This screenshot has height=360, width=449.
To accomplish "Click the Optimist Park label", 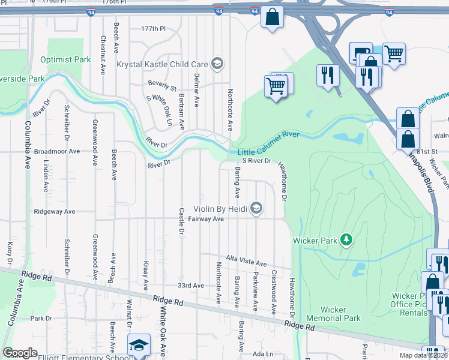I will tap(65, 59).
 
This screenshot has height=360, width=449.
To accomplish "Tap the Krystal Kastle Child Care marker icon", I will tap(217, 64).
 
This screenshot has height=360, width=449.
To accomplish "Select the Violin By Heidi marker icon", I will tap(256, 208).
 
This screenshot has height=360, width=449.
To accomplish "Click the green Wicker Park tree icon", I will tap(346, 240).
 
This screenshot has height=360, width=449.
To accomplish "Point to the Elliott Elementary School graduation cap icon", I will tap(139, 345).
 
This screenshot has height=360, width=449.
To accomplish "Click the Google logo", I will tap(20, 353).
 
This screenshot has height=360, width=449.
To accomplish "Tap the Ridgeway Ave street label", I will tap(55, 212).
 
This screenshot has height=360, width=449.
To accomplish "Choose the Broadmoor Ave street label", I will tap(57, 152).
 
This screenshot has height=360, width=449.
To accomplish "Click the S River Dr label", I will tap(257, 161).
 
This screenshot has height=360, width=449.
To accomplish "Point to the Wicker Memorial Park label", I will tap(334, 314).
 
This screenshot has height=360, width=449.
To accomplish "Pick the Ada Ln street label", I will tap(263, 354).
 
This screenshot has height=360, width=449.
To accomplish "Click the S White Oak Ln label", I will tap(159, 108).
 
